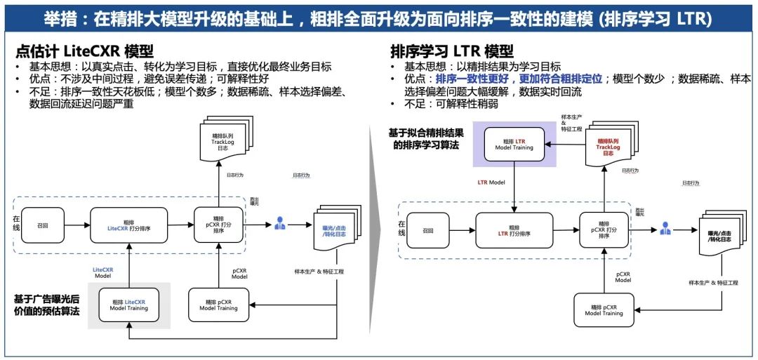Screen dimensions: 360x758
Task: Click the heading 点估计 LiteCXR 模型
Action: [x=84, y=51]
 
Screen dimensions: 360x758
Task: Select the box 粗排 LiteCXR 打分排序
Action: [x=128, y=225]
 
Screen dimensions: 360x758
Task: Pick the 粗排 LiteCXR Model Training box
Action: [x=128, y=305]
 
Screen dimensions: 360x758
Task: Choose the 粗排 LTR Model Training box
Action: [x=514, y=145]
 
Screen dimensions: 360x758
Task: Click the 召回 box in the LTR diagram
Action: [x=427, y=230]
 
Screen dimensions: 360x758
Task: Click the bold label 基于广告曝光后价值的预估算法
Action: [x=46, y=304]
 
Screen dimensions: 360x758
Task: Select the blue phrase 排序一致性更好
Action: [x=476, y=79]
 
